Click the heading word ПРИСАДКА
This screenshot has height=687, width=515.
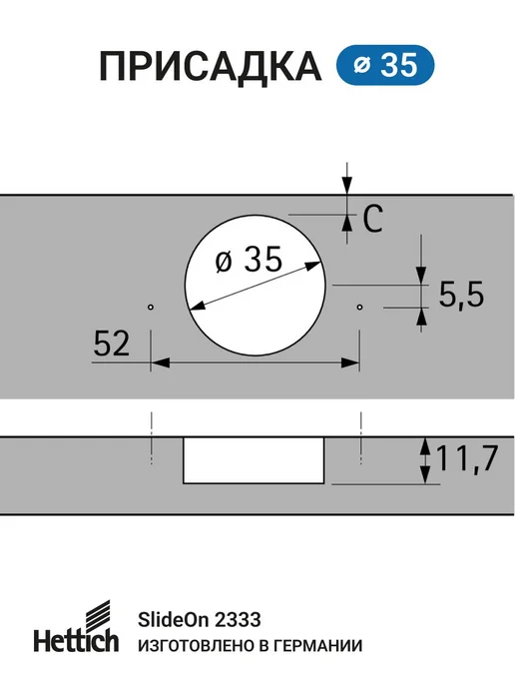211,67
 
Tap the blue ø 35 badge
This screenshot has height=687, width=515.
385,65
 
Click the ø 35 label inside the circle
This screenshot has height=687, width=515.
249,260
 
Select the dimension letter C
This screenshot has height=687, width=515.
372,219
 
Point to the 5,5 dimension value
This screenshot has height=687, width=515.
461,295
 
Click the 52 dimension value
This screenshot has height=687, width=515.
112,343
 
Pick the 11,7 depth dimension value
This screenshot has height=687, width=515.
467,458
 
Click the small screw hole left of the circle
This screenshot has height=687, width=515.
151,308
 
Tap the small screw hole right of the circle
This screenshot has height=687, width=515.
360,308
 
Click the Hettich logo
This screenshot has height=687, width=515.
76,626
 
